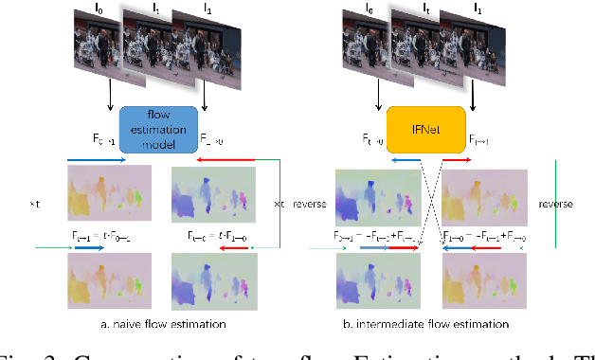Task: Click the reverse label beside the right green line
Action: click(x=554, y=204)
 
